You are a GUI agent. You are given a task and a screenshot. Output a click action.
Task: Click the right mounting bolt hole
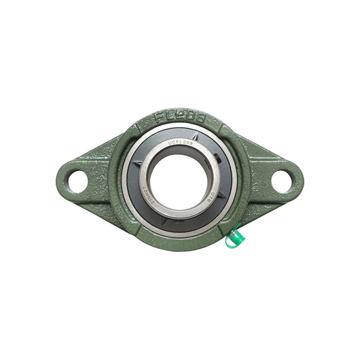tap(282, 180)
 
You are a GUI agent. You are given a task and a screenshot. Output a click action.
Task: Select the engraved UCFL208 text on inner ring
tap(179, 143)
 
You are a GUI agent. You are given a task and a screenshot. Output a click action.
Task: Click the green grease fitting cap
tap(236, 236)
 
